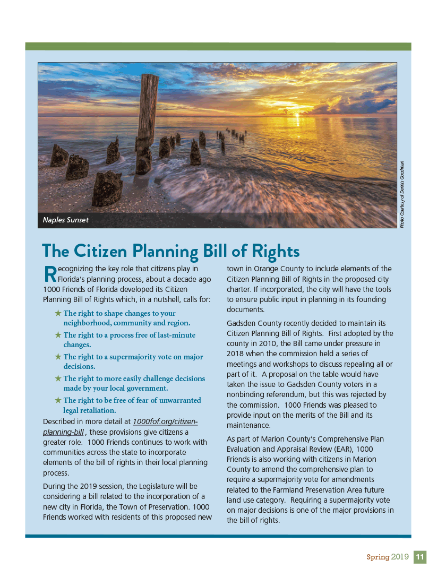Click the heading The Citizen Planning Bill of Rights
click(x=170, y=251)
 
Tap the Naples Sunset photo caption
click(x=66, y=220)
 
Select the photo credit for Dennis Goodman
click(x=402, y=194)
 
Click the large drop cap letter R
click(x=49, y=274)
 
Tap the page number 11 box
click(x=420, y=557)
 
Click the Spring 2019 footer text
click(x=388, y=557)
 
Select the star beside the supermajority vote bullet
click(x=58, y=357)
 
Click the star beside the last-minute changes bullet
click(x=58, y=335)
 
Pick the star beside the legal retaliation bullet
click(x=58, y=400)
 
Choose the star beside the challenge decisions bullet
click(x=58, y=378)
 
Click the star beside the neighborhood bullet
click(x=58, y=313)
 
